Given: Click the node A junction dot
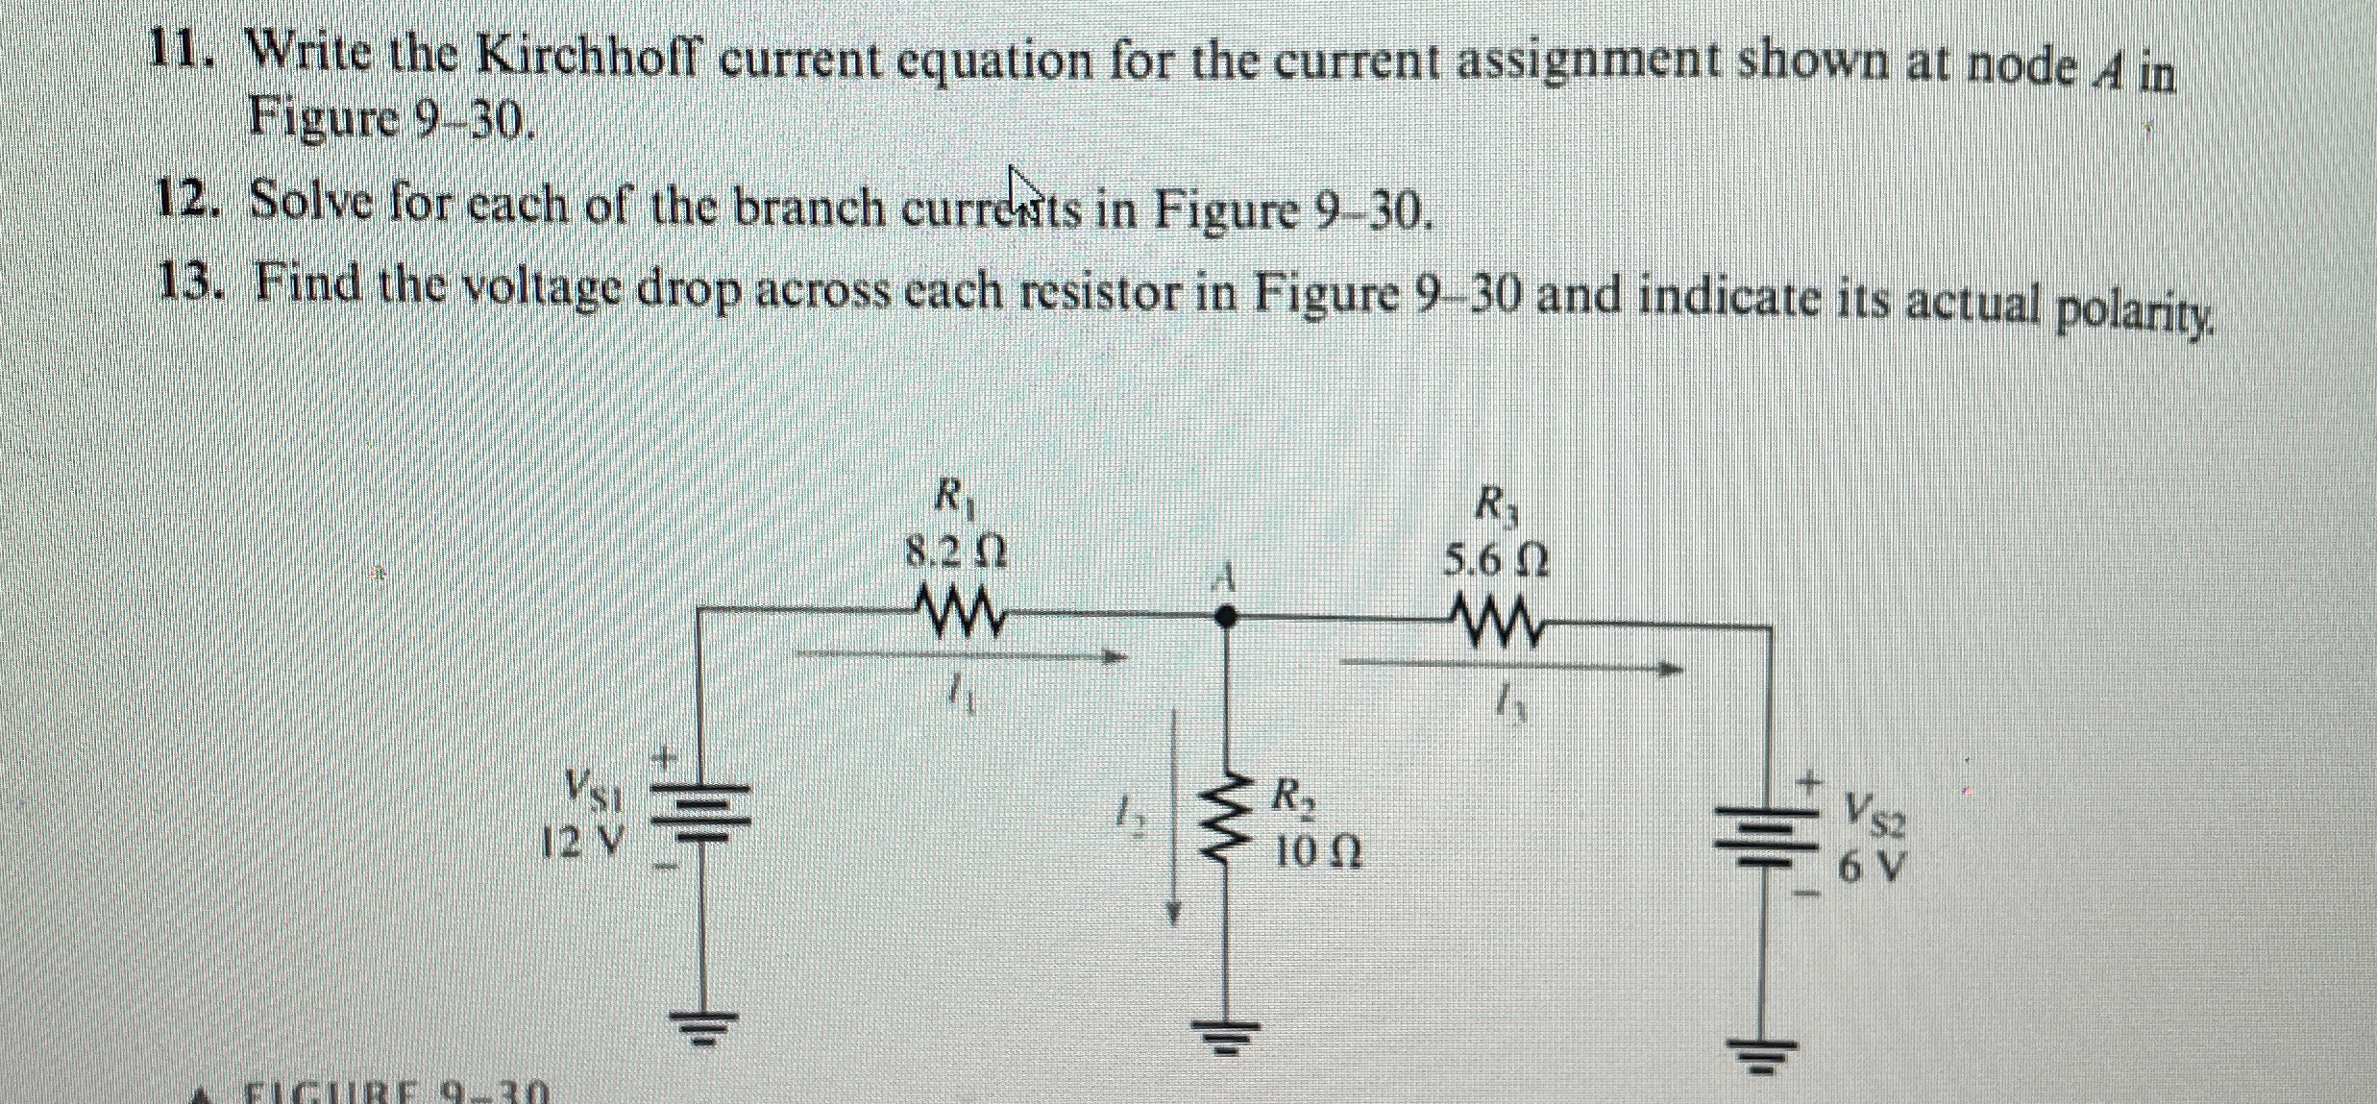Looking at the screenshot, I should tap(1224, 616).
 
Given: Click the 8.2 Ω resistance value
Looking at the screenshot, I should tap(957, 552).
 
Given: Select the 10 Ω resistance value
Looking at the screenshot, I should tap(1317, 852).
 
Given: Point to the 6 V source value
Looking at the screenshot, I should tap(1869, 867).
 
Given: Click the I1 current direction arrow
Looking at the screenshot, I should tap(961, 656).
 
